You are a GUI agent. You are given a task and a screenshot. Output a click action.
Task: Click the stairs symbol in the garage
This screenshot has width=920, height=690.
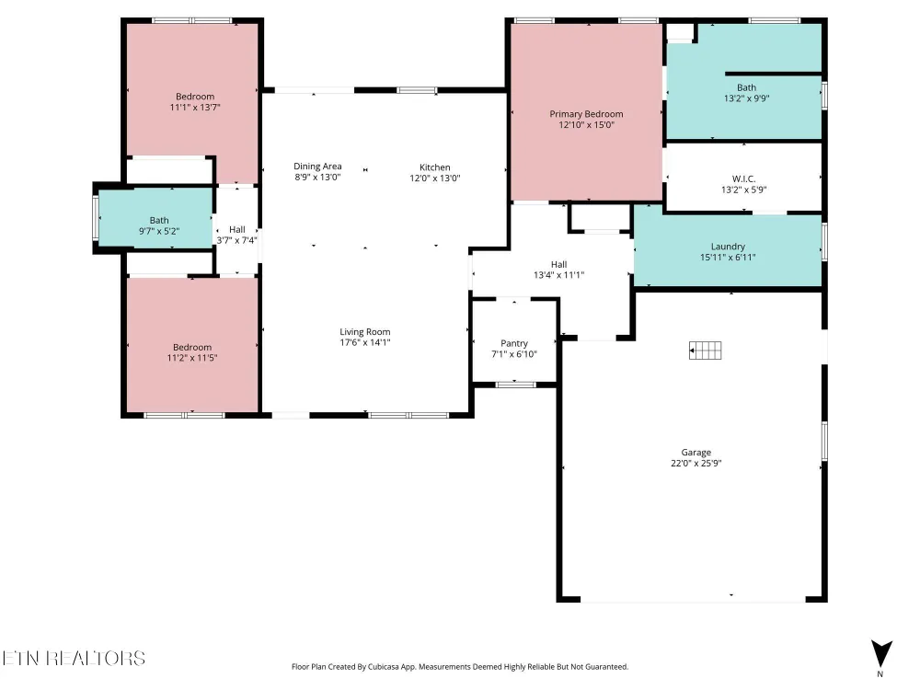coord(706,351)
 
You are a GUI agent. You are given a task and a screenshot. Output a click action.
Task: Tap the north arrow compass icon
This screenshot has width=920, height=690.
coord(881,653)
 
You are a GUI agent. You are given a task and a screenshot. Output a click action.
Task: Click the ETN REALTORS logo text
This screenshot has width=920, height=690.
coord(74,658)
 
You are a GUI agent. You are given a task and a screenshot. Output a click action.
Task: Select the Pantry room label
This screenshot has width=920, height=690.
coord(514,343)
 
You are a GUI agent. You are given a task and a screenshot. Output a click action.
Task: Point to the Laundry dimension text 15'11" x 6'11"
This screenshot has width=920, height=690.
coord(728,257)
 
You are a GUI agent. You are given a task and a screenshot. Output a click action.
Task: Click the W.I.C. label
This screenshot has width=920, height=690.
coord(744,179)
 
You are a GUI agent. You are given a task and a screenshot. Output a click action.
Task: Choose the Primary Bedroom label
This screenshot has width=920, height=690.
coord(586,114)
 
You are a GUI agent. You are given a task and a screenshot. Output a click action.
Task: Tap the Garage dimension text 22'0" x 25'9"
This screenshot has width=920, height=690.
coord(696,463)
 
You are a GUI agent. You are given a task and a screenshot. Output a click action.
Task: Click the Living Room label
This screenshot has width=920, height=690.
coord(365,331)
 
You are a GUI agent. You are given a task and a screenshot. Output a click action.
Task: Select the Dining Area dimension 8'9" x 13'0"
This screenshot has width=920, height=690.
coord(317,178)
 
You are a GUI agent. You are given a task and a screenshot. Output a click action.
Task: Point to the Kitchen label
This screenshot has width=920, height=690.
coord(435,167)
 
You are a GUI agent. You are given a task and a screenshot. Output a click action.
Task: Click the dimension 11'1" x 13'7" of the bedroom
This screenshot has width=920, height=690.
coord(195,108)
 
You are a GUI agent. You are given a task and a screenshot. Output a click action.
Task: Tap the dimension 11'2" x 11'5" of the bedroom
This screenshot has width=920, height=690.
coord(192,358)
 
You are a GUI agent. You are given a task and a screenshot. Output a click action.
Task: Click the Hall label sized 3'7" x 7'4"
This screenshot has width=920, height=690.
coord(237,229)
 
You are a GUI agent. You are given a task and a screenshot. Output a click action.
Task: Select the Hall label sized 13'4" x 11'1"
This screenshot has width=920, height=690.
coord(558,265)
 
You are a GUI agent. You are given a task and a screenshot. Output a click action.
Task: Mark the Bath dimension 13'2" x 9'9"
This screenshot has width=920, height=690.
coord(746,98)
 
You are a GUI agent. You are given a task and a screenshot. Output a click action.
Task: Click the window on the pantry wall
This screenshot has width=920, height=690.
coord(515,385)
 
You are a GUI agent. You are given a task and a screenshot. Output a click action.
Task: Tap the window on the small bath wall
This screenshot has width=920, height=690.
coord(96,218)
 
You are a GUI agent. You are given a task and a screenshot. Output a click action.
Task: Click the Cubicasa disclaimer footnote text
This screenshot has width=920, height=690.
coord(460,666)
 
